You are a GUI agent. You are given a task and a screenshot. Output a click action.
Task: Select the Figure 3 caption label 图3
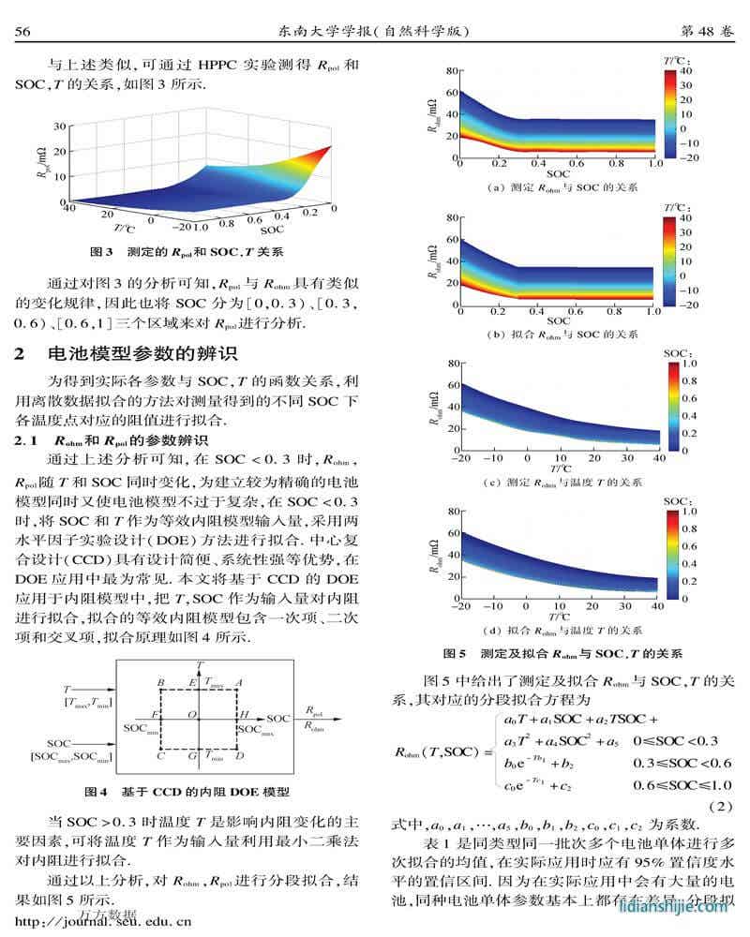point(100,252)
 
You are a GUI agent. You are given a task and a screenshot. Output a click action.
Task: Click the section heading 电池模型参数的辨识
point(143,353)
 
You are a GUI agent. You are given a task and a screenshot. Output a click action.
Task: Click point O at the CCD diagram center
point(190,715)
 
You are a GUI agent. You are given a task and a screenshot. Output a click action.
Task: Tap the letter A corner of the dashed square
point(240,682)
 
